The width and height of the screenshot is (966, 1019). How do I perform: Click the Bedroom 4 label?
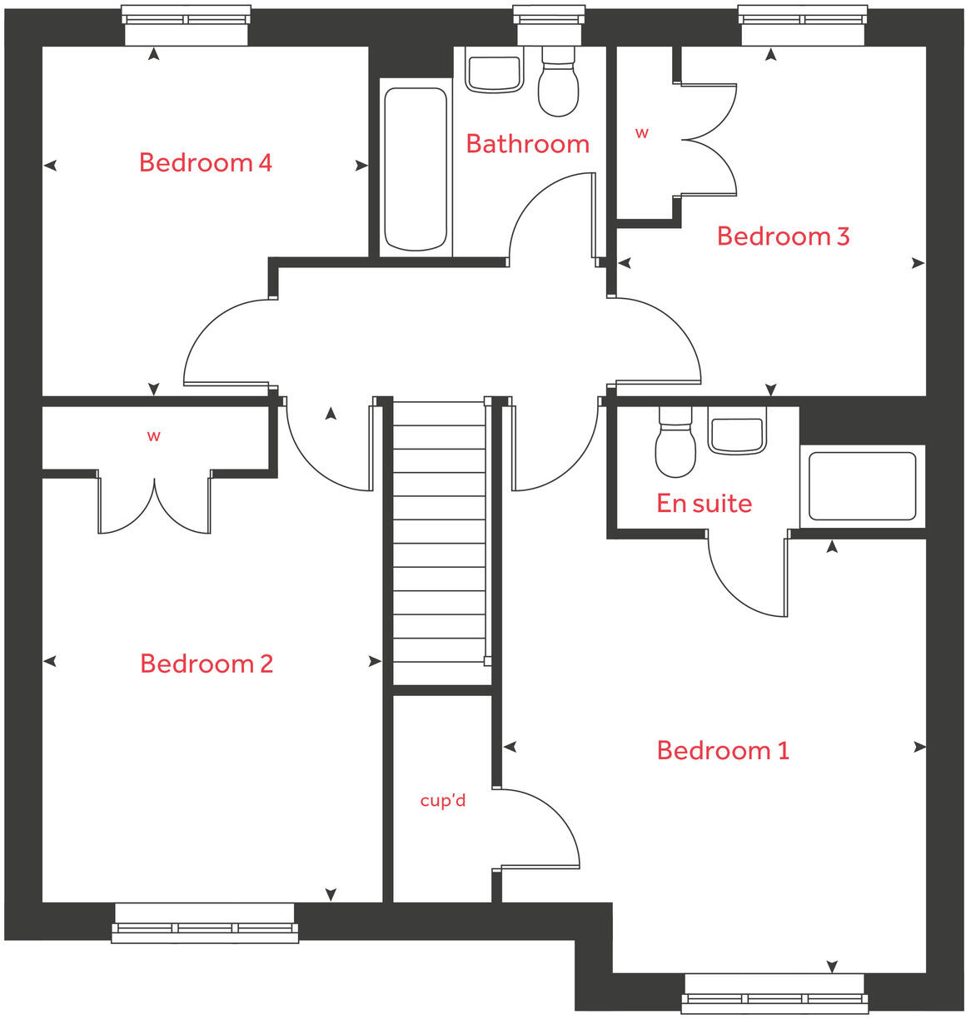205,162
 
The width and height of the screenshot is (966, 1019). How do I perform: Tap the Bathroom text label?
527,144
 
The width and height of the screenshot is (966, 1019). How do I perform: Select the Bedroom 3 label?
783,236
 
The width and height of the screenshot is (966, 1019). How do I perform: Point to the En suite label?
704,504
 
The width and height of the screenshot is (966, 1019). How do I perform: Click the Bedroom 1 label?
723,750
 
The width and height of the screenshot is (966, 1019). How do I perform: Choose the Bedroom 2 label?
206,664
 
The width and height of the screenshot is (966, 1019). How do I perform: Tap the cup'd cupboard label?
442,801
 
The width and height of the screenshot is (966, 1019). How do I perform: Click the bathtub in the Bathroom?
416,169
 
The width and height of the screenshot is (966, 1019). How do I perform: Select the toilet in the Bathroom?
558,83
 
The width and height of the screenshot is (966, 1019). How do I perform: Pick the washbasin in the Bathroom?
494,72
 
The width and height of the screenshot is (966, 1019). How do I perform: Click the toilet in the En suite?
675,445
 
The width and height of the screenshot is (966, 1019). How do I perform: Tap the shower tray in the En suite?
862,487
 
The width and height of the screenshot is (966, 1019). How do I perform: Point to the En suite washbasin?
735,433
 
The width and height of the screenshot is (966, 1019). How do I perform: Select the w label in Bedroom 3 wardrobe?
641,133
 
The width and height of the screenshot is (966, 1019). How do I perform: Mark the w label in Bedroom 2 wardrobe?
153,436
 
